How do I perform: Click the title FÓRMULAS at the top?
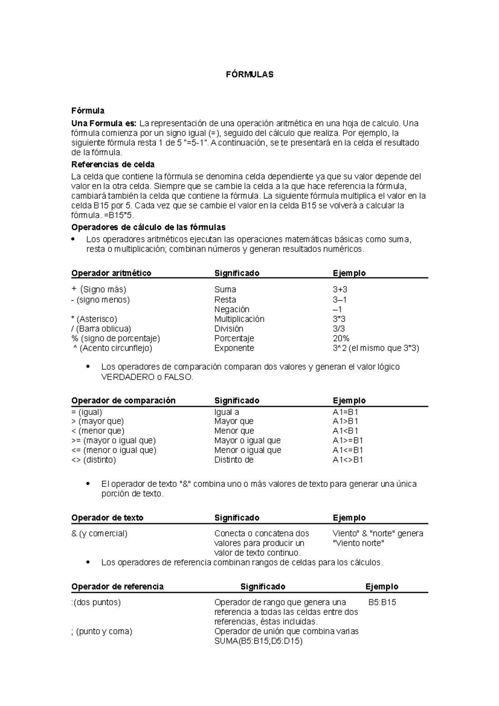click(x=249, y=75)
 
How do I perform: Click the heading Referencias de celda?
click(x=113, y=164)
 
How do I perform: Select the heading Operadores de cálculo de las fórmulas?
click(x=148, y=227)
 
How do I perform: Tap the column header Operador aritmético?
click(x=111, y=273)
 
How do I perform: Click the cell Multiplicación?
click(x=239, y=319)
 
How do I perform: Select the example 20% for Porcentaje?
click(x=341, y=338)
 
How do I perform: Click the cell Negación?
click(x=232, y=309)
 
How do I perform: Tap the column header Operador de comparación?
click(x=124, y=400)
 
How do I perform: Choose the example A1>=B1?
click(x=348, y=440)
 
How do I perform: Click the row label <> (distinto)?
click(x=94, y=460)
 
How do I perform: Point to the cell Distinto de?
click(x=234, y=460)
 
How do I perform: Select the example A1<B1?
click(x=345, y=431)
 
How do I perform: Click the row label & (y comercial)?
click(x=99, y=533)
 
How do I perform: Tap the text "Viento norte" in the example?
click(x=358, y=543)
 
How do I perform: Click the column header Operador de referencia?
click(x=118, y=587)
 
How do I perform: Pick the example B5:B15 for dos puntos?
click(x=382, y=602)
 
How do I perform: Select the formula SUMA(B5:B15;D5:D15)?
click(x=258, y=641)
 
